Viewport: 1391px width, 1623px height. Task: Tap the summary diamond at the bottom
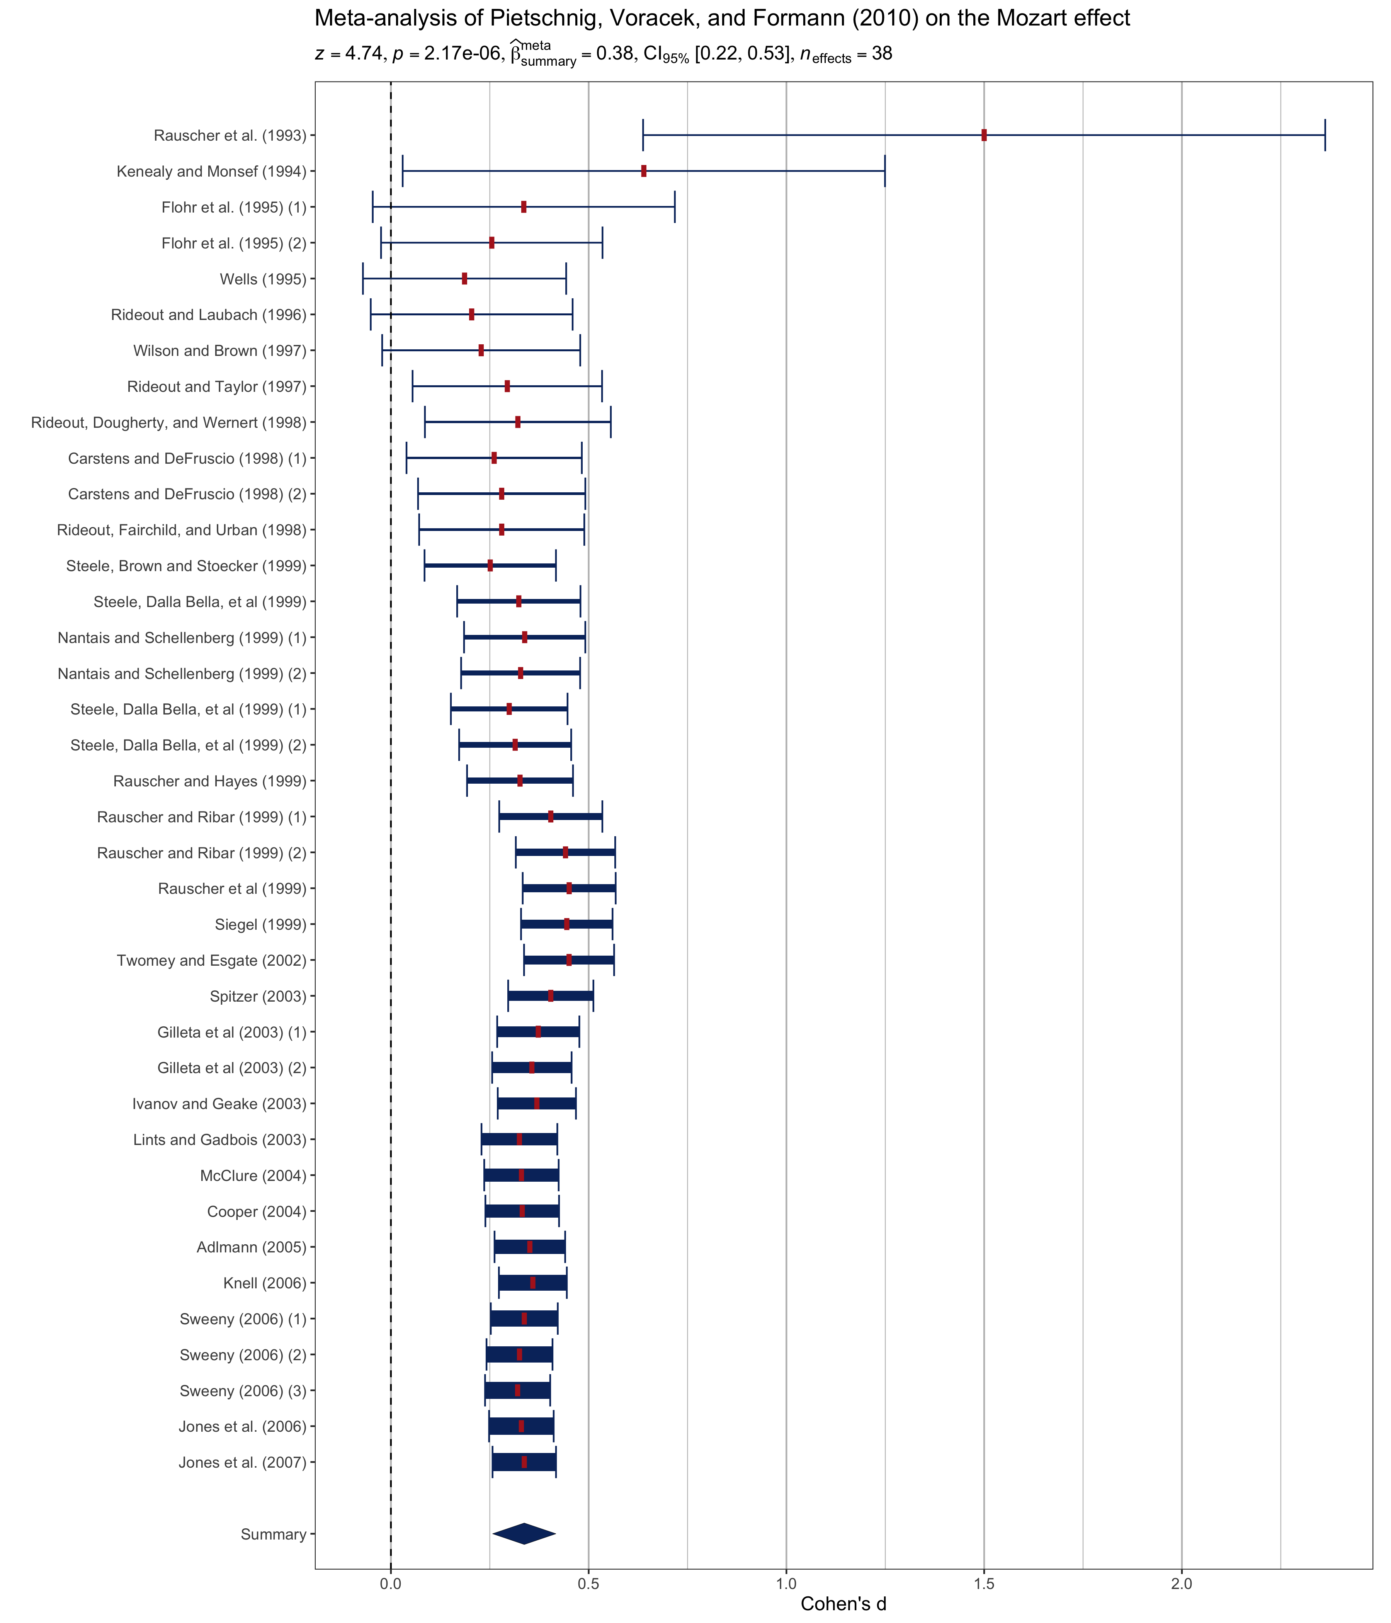(524, 1534)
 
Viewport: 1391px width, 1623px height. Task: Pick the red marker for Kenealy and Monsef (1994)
(644, 171)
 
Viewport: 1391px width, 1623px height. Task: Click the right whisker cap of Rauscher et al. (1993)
(1325, 135)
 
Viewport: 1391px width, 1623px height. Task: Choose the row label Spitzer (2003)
(258, 996)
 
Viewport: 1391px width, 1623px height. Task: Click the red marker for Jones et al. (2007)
(524, 1461)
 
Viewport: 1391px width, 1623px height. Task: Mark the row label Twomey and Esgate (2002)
(211, 960)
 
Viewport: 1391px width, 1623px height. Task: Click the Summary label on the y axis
(273, 1534)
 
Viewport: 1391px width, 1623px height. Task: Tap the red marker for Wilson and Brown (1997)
(481, 350)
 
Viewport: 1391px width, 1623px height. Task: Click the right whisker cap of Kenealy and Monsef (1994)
(884, 171)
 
